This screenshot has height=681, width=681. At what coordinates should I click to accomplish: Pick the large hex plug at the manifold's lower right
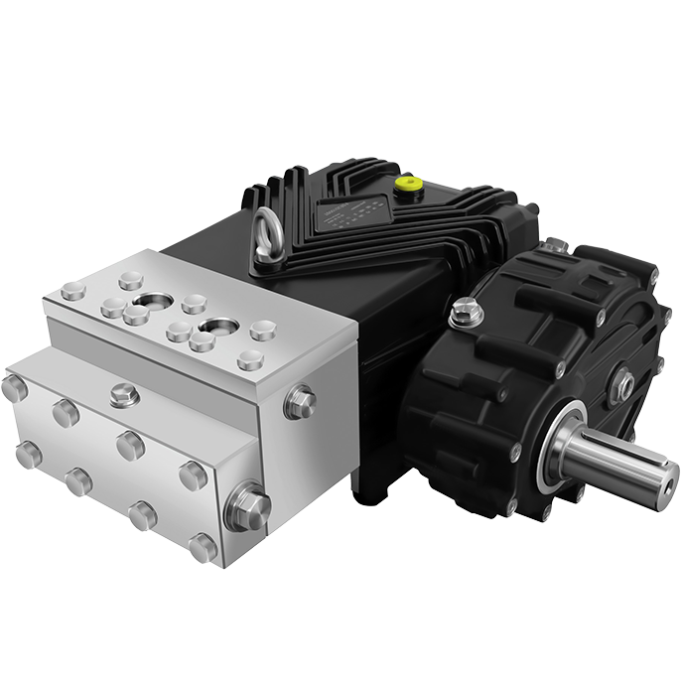[x=248, y=508]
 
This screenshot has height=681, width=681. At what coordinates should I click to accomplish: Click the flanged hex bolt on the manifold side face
[x=299, y=402]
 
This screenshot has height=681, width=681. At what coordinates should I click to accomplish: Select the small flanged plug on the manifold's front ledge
[x=124, y=394]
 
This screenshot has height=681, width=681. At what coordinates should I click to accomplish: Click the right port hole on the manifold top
[x=217, y=325]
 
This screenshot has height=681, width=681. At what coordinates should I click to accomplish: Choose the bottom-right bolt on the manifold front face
[x=203, y=546]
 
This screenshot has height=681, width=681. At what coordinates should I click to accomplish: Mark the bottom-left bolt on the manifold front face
[x=28, y=455]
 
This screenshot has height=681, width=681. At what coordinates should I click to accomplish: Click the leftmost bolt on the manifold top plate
[x=72, y=291]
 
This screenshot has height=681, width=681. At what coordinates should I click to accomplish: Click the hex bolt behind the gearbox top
[x=556, y=244]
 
